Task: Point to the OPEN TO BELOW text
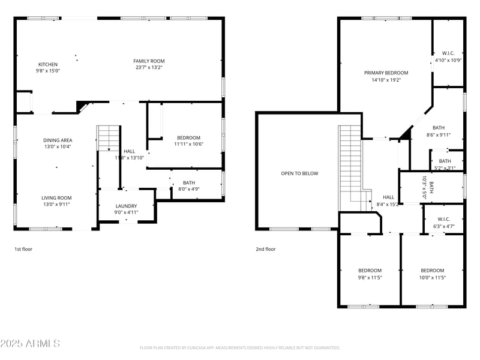299,173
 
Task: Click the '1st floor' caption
23,248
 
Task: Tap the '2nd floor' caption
266,248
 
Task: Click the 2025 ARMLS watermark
30,344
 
